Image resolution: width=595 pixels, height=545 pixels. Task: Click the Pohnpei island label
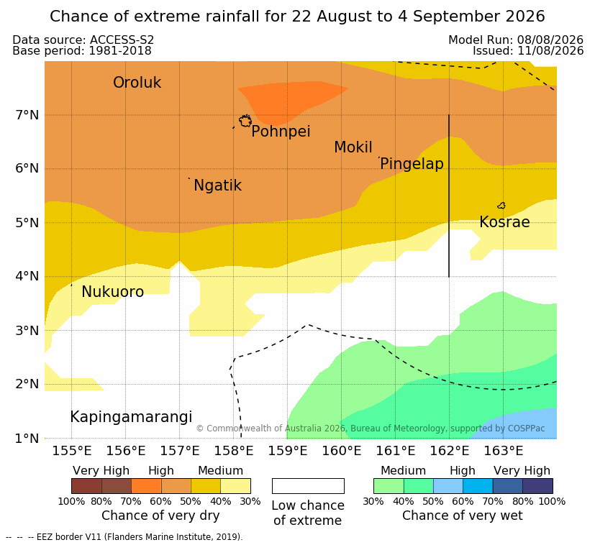pyautogui.click(x=281, y=132)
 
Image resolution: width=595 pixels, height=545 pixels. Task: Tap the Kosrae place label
pyautogui.click(x=504, y=222)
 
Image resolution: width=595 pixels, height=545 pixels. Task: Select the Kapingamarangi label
pyautogui.click(x=131, y=417)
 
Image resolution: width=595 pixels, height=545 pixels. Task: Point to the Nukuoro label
pyautogui.click(x=113, y=292)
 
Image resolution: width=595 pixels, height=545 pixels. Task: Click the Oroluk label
pyautogui.click(x=137, y=82)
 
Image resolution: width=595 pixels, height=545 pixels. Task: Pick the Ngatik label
pyautogui.click(x=217, y=186)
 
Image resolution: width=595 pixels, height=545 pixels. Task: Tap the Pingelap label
pyautogui.click(x=412, y=164)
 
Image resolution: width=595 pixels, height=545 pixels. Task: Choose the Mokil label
pyautogui.click(x=353, y=147)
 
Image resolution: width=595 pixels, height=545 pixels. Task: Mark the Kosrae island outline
pyautogui.click(x=501, y=206)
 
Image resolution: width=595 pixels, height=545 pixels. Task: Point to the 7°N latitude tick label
pyautogui.click(x=27, y=115)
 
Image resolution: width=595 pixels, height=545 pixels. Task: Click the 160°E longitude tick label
pyautogui.click(x=342, y=451)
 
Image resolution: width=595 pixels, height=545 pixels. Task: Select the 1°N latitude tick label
pyautogui.click(x=27, y=439)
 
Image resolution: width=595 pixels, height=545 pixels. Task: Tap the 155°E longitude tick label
pyautogui.click(x=72, y=451)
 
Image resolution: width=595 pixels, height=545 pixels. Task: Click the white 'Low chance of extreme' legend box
pyautogui.click(x=308, y=486)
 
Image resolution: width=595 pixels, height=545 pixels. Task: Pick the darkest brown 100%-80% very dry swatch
pyautogui.click(x=86, y=486)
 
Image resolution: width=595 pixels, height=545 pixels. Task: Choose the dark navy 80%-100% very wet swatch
pyautogui.click(x=537, y=486)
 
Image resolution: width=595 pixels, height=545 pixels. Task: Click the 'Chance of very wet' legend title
pyautogui.click(x=462, y=516)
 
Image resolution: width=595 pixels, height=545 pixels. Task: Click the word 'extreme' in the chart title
pyautogui.click(x=168, y=17)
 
